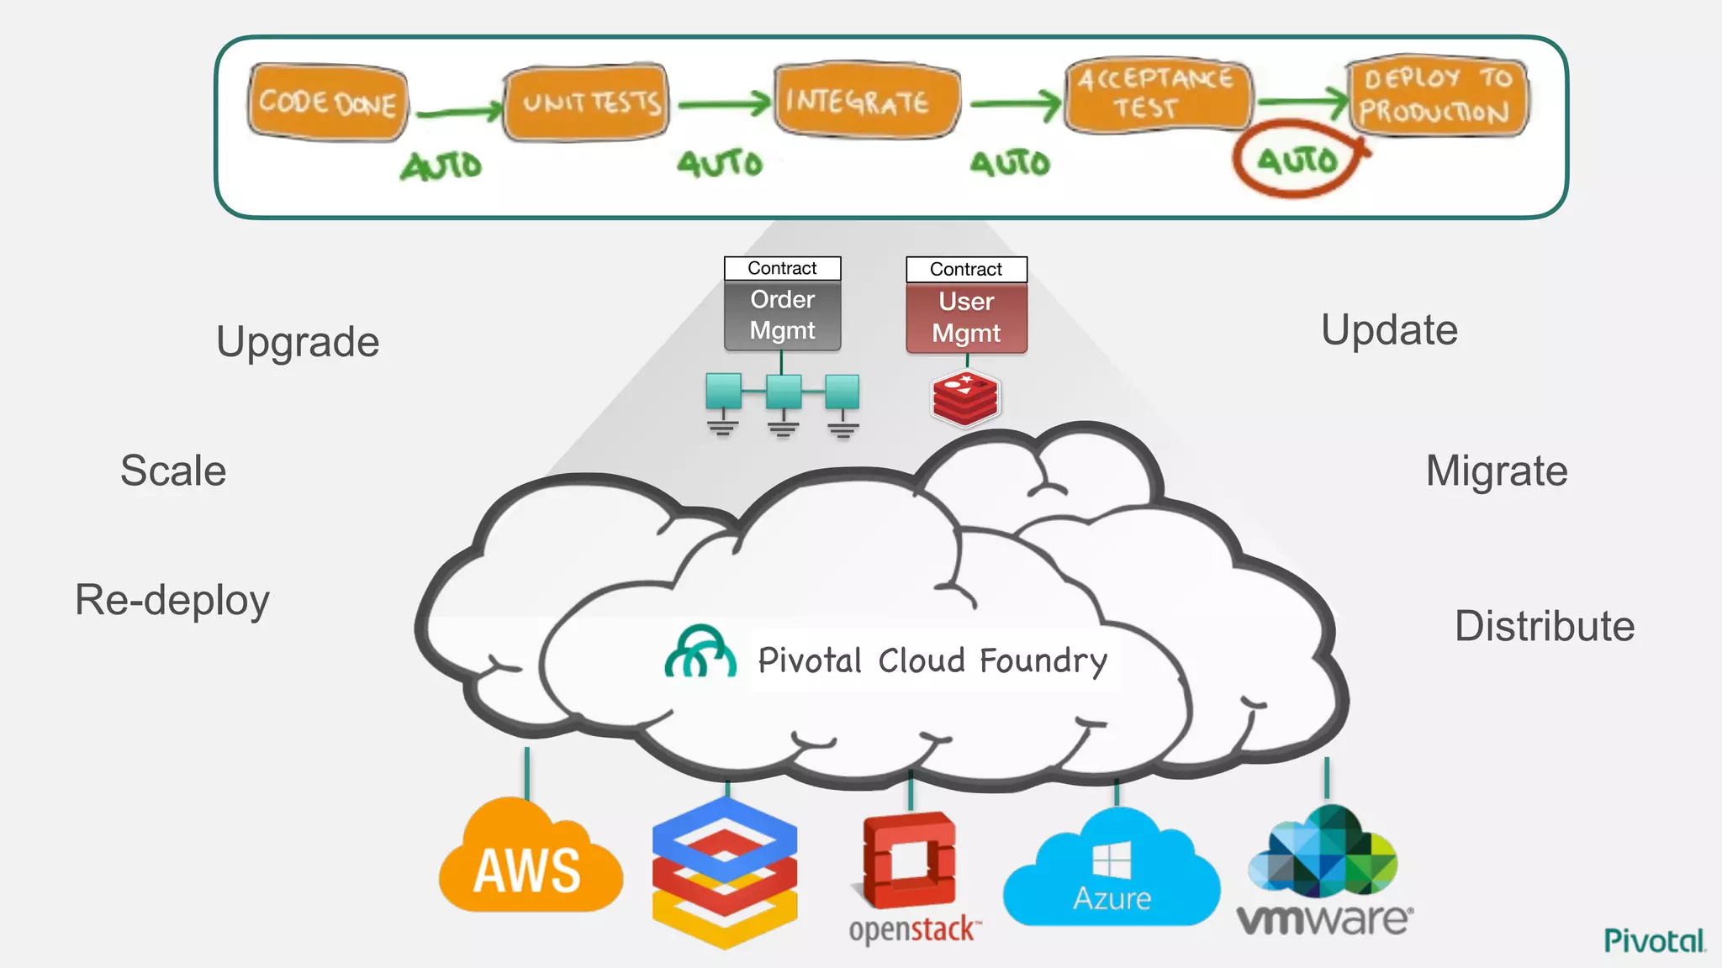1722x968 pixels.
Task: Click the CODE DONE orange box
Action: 328,103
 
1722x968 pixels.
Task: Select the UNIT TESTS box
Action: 586,103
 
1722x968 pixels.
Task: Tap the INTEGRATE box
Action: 866,101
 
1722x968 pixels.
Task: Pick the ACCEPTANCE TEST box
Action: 1157,94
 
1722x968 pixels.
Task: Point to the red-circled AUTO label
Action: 1297,160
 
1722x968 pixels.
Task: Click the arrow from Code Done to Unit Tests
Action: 458,112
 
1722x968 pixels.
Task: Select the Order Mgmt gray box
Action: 782,315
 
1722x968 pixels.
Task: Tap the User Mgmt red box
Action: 966,318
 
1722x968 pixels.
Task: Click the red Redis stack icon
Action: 965,398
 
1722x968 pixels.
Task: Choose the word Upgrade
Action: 298,342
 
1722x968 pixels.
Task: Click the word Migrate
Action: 1497,471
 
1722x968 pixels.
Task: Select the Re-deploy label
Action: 172,600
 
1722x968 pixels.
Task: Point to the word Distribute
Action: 1545,626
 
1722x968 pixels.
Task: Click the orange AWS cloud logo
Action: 530,861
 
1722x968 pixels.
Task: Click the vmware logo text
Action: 1324,919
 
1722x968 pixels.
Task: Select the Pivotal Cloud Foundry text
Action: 932,660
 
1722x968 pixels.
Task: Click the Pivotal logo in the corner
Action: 1654,940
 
